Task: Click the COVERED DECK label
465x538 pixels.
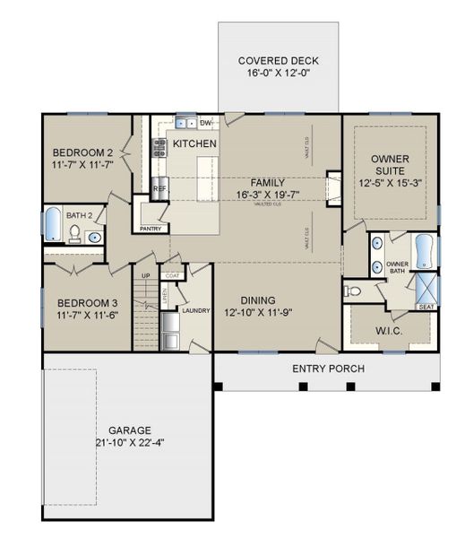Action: click(x=278, y=61)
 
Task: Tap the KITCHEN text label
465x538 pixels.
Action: click(x=194, y=143)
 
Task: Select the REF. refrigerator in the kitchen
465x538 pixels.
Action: click(x=159, y=189)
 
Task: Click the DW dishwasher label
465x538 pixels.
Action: click(x=205, y=123)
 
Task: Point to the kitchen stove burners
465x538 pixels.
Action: click(x=160, y=147)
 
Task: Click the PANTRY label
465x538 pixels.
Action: click(x=149, y=229)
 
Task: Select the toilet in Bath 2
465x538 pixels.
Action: click(x=75, y=235)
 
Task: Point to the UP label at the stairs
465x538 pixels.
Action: click(x=145, y=275)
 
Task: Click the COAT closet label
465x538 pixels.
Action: click(x=173, y=276)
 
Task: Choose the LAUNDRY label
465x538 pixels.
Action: click(x=195, y=310)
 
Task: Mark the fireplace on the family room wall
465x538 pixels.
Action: click(x=333, y=187)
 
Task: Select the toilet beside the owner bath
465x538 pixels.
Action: click(x=353, y=291)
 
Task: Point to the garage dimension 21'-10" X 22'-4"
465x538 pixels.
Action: click(x=131, y=442)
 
